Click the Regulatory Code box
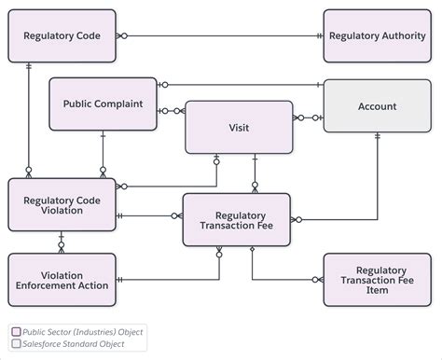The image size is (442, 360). click(x=62, y=36)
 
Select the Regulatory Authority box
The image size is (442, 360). click(x=377, y=36)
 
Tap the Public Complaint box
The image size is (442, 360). click(x=103, y=104)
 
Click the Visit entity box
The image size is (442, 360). click(x=239, y=127)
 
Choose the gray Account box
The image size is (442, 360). click(x=377, y=106)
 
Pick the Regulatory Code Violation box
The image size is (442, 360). click(x=62, y=205)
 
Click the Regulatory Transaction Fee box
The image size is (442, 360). click(x=237, y=220)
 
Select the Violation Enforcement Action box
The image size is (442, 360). click(x=62, y=279)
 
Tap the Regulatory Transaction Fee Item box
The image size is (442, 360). click(x=377, y=279)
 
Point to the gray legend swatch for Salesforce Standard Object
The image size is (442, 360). click(x=16, y=344)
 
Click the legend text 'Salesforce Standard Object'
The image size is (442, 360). click(x=74, y=344)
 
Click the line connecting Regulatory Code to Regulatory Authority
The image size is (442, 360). click(x=220, y=36)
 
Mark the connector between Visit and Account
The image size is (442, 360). click(x=308, y=118)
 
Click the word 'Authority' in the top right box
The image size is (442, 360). click(x=404, y=36)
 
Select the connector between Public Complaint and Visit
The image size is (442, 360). click(x=172, y=111)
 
